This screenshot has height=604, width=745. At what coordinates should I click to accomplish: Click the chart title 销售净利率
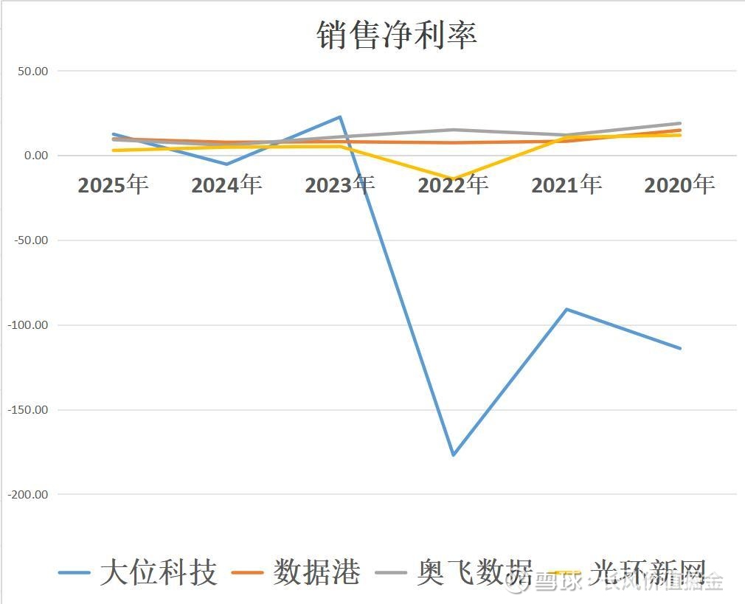397,35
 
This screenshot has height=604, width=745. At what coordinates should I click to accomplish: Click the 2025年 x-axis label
113,184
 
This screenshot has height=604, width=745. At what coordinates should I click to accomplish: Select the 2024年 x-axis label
226,184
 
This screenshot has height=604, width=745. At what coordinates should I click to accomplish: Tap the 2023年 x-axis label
339,184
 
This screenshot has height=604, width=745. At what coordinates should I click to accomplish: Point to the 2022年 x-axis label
453,184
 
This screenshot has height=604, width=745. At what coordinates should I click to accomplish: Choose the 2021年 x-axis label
566,184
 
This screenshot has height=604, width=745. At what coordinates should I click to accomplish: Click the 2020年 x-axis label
679,184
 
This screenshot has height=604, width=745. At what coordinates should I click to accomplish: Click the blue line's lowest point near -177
453,455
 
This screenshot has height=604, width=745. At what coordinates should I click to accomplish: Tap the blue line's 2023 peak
340,117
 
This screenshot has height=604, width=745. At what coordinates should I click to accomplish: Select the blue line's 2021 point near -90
566,309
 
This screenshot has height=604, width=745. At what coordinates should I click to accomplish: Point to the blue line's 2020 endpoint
680,348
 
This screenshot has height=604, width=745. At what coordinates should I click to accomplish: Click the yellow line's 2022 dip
453,179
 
